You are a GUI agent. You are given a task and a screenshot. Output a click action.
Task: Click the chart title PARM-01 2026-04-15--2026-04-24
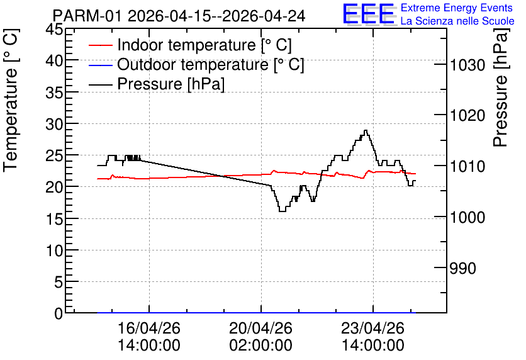coord(179,16)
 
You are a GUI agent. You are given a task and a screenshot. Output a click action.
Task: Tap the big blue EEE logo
coord(369,14)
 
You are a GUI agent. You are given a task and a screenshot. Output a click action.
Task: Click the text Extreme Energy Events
coord(457,8)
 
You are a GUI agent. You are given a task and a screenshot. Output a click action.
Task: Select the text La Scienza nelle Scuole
coord(457,21)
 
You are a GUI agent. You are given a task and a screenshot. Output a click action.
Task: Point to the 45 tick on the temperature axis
coord(54,29)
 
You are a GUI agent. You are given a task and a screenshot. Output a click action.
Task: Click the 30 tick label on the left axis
coord(54,124)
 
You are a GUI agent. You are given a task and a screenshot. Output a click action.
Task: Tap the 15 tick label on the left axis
coord(54,219)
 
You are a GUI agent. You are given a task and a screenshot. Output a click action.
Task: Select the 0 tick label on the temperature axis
coord(59,313)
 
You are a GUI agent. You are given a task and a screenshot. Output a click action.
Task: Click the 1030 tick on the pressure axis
coord(467,65)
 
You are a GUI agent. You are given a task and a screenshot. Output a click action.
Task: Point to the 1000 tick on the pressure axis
coord(467,217)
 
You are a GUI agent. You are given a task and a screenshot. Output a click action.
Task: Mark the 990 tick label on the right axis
coord(462,268)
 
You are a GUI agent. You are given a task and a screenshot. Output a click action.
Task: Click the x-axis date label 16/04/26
coord(149,328)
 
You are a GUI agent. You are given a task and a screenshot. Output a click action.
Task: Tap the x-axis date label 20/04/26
coord(260,328)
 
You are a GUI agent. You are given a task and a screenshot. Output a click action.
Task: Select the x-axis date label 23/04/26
coord(372,328)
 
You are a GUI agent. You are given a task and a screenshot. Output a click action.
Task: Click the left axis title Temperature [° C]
coord(11,100)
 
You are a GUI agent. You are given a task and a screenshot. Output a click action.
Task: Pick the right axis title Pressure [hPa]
coord(500,87)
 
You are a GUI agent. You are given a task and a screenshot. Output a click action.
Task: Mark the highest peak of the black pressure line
coord(366,130)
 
